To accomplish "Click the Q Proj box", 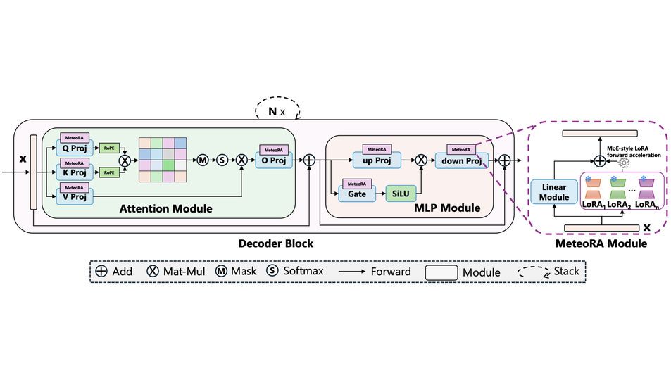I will click(75, 148).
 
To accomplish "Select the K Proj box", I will click(75, 173).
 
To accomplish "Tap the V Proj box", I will click(75, 197).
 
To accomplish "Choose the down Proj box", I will click(460, 160).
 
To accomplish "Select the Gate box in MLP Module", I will click(357, 194).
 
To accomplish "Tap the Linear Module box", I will click(553, 192).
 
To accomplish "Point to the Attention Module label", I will click(165, 208).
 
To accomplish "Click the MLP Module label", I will click(446, 208).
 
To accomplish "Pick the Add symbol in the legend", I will click(101, 272).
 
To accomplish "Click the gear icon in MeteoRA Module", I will click(622, 161).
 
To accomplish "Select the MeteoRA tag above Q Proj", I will click(74, 137).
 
